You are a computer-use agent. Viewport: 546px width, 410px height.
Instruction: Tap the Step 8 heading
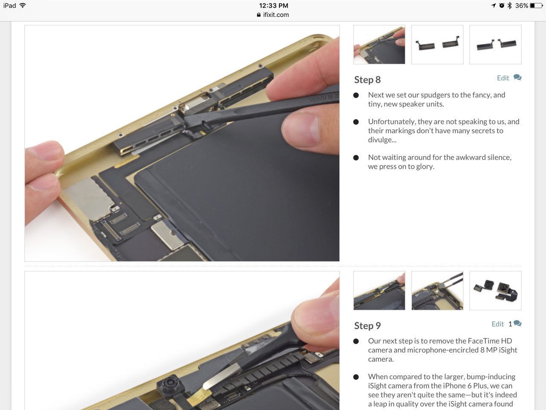pos(367,80)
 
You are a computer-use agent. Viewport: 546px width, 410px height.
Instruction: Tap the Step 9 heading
pos(367,326)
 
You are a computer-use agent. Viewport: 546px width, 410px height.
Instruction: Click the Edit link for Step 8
pos(503,78)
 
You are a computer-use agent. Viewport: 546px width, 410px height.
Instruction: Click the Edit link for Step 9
pos(497,324)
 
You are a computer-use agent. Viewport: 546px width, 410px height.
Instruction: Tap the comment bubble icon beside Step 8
pos(517,77)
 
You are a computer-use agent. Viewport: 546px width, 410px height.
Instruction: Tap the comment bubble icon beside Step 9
pos(517,323)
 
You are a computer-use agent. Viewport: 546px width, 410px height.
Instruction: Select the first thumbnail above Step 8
pos(379,44)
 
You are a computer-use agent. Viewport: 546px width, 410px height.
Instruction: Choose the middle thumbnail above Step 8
pos(437,44)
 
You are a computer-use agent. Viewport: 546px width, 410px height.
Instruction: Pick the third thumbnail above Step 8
pos(496,44)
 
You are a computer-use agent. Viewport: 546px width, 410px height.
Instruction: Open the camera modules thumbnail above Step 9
pos(496,290)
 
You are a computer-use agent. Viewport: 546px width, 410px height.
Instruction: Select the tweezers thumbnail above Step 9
pos(437,290)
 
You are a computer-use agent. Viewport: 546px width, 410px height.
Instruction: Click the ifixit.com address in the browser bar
pos(276,15)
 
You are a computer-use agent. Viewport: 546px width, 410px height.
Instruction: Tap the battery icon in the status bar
pos(536,6)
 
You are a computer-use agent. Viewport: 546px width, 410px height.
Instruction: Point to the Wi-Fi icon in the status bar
pos(23,6)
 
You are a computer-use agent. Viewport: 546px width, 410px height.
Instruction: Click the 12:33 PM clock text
pos(273,6)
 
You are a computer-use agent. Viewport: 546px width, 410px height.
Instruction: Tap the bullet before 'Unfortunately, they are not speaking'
pos(356,122)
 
